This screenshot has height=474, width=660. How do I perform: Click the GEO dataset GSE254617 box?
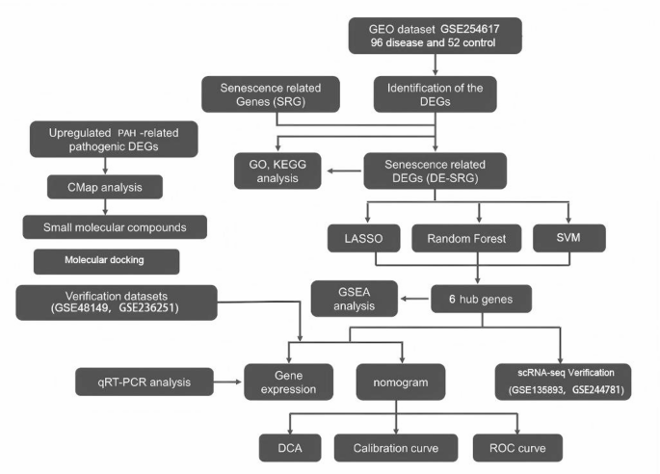[x=438, y=39]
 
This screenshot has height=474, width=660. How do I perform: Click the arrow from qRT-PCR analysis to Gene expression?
[x=224, y=382]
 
